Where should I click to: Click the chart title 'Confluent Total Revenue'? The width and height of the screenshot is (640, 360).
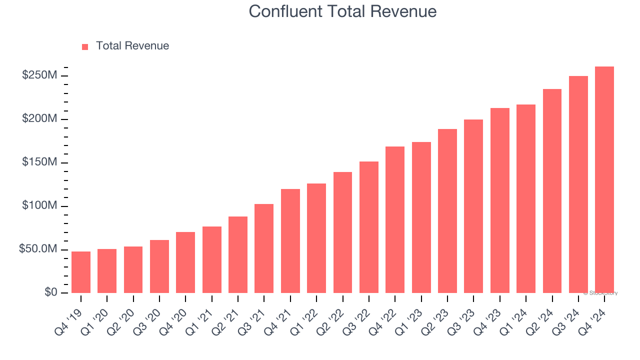click(342, 11)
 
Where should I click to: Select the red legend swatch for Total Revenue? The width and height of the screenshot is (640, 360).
click(85, 46)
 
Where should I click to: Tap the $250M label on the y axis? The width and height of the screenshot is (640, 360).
click(39, 75)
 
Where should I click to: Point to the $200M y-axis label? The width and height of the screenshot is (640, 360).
click(39, 119)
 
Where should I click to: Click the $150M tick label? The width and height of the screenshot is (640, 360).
click(39, 162)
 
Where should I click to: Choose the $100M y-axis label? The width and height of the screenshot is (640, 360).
click(39, 206)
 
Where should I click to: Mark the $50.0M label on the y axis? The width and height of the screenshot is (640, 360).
click(37, 249)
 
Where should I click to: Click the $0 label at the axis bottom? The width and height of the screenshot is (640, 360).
click(50, 292)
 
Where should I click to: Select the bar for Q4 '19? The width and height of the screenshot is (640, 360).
click(81, 272)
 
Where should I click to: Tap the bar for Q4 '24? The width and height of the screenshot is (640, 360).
click(604, 180)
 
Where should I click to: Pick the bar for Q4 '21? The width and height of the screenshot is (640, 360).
click(290, 241)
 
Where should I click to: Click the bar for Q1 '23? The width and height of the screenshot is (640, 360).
click(421, 217)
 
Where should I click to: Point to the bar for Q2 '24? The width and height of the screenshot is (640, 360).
click(552, 191)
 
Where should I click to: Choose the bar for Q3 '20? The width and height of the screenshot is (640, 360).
click(159, 266)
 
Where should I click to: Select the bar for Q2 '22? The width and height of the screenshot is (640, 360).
click(342, 232)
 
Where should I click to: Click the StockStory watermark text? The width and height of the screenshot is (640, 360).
click(600, 293)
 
